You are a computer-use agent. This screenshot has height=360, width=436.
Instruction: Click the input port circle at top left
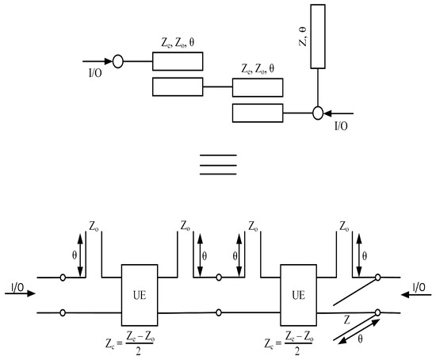[117, 59]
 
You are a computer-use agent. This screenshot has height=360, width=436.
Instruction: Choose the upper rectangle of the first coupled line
[178, 60]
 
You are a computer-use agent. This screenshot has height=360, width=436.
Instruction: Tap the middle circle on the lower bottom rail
[219, 313]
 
